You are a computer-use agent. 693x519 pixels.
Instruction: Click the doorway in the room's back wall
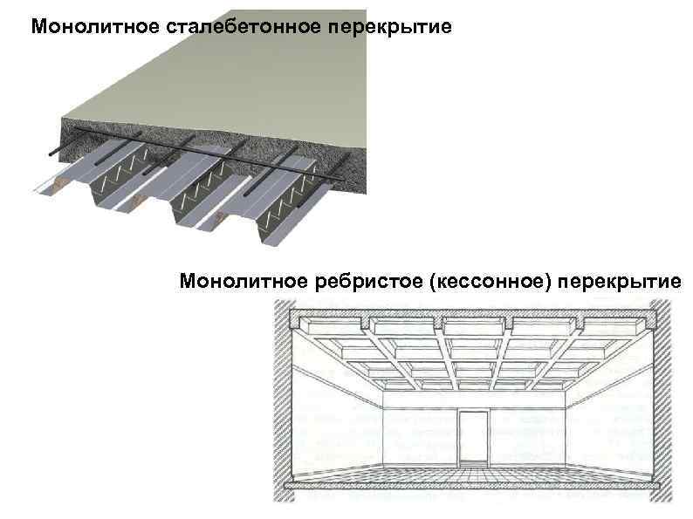tap(475, 437)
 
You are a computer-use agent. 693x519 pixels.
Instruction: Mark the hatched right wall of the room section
tap(662, 401)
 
